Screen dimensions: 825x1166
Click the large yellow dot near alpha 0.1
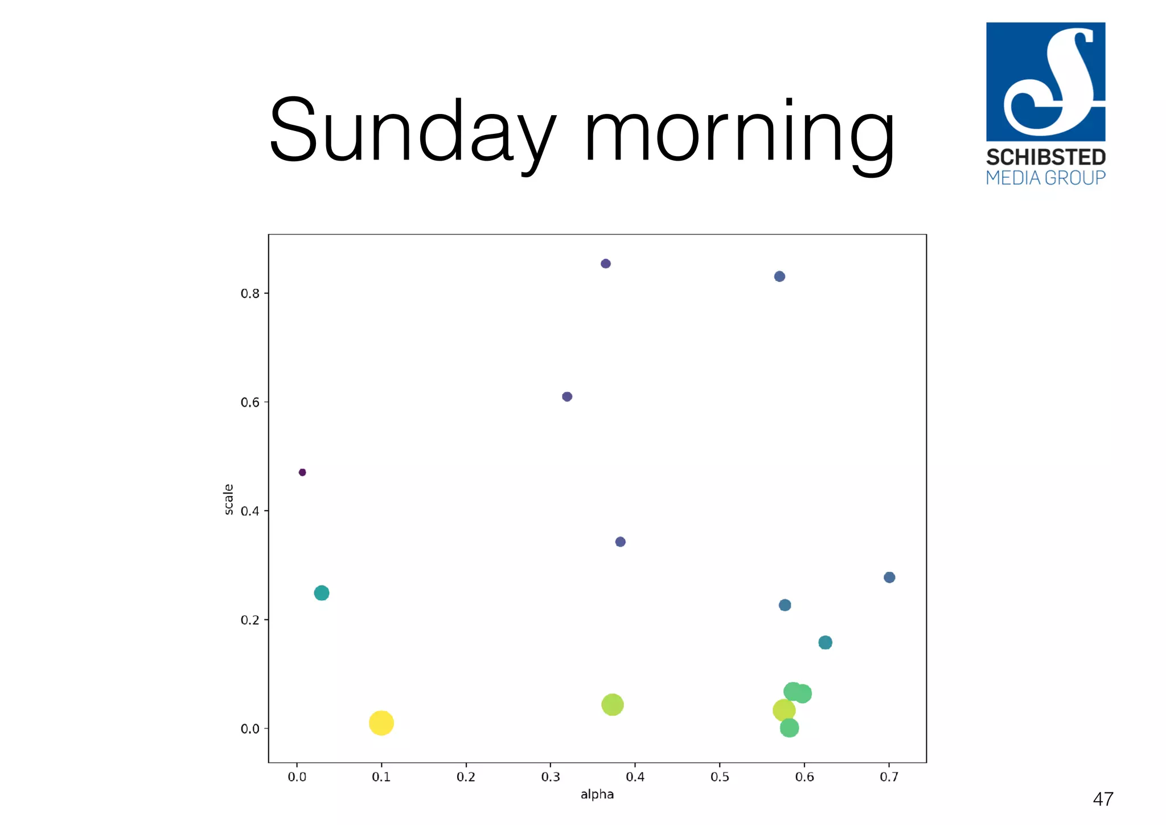coord(381,723)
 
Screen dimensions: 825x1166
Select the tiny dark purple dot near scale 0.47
coord(302,472)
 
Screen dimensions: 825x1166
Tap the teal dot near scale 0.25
coord(322,593)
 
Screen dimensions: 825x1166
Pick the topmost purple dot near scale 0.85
coord(606,264)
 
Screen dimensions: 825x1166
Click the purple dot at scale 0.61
coord(567,397)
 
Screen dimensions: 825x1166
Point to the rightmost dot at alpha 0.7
coord(889,577)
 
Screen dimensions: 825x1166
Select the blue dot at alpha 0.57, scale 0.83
coord(779,276)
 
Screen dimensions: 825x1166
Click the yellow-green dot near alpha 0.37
coord(612,705)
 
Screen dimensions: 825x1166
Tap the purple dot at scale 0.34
coord(621,542)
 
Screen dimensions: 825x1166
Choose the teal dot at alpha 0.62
coord(825,643)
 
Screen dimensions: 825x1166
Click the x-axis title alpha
coord(597,794)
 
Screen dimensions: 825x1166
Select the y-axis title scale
coord(228,500)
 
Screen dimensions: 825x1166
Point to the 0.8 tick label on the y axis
coord(250,294)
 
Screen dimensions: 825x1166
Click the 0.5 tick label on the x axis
coord(720,777)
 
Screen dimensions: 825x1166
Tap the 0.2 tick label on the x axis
coord(466,777)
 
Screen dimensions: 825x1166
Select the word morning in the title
coord(739,134)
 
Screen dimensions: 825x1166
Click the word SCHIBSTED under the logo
coord(1046,157)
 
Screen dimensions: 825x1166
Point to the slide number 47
coord(1103,799)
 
